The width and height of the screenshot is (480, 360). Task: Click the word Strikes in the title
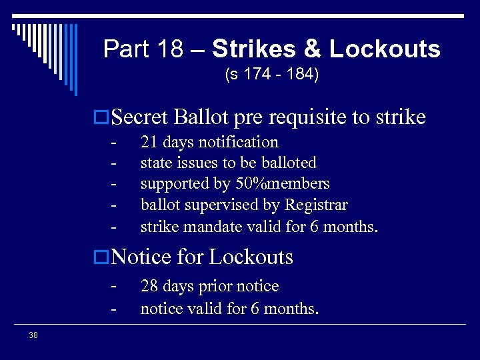[x=255, y=49]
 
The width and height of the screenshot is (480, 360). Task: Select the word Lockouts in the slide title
[x=385, y=49]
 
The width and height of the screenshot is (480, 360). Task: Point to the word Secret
[x=140, y=117]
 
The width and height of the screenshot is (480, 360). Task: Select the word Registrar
[x=317, y=205]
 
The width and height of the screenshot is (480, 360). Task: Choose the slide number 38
[x=33, y=335]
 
